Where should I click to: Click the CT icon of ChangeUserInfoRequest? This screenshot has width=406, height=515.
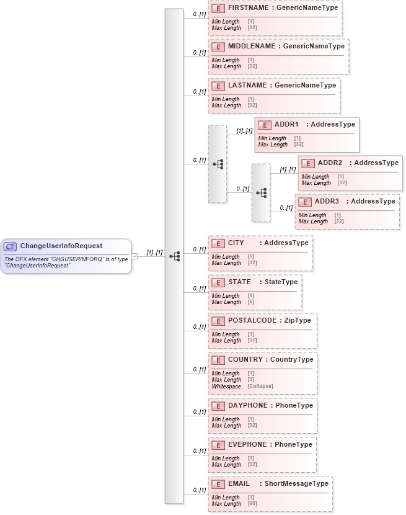(11, 246)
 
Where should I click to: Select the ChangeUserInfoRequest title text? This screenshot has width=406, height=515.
(61, 246)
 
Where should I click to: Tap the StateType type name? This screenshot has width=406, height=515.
(281, 282)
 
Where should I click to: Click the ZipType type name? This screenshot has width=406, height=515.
(298, 320)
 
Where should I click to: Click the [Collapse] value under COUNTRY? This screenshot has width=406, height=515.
(260, 387)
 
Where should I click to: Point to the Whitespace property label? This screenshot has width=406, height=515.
(226, 387)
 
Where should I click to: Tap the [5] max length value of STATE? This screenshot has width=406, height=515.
(250, 302)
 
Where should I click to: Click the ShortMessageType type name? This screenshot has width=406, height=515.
(296, 483)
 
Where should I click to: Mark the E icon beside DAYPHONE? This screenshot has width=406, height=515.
(218, 406)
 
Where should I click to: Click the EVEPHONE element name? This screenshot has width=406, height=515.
(247, 444)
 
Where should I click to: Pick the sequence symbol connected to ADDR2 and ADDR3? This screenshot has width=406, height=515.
(261, 193)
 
